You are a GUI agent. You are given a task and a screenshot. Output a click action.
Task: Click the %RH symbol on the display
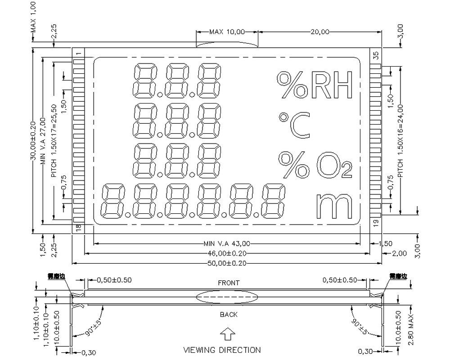click(314, 85)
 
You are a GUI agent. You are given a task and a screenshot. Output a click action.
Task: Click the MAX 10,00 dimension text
click(227, 32)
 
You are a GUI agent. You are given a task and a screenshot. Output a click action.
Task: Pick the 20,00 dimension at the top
click(320, 32)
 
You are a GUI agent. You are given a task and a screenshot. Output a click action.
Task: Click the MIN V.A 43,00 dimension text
click(227, 243)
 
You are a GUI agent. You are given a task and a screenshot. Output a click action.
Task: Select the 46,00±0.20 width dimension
click(227, 253)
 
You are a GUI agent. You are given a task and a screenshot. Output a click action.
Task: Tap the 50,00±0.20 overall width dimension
click(227, 263)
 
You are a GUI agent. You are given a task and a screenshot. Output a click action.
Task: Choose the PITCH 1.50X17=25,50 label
click(54, 140)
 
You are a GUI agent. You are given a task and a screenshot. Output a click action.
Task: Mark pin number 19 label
click(376, 221)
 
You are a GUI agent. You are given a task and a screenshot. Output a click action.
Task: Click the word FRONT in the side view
click(229, 283)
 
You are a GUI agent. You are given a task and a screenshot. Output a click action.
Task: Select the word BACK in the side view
click(229, 315)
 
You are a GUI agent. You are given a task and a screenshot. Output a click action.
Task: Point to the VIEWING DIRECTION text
click(222, 350)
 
